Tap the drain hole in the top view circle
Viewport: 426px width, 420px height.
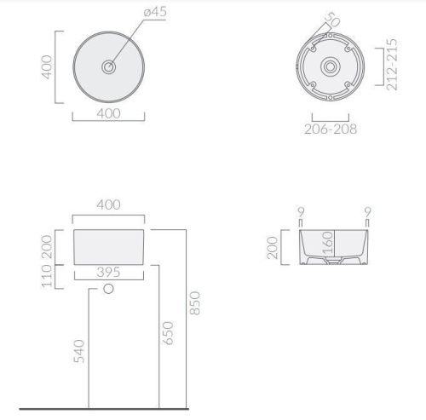(x=107, y=66)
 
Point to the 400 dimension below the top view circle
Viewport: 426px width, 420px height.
(x=107, y=112)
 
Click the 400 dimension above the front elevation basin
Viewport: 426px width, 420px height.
(x=107, y=204)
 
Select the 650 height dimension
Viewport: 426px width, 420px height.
(x=168, y=333)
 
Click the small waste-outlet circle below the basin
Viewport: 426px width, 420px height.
(x=107, y=291)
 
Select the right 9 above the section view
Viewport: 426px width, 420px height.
(x=366, y=212)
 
